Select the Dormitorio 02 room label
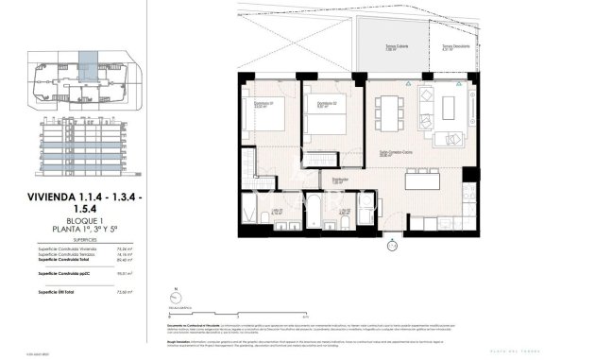point(327,104)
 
